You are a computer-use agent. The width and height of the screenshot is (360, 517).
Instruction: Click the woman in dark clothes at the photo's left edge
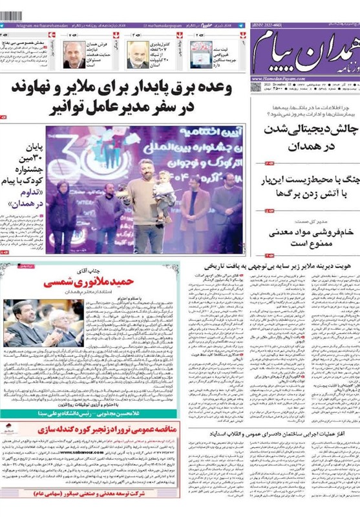pyautogui.click(x=63, y=213)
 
